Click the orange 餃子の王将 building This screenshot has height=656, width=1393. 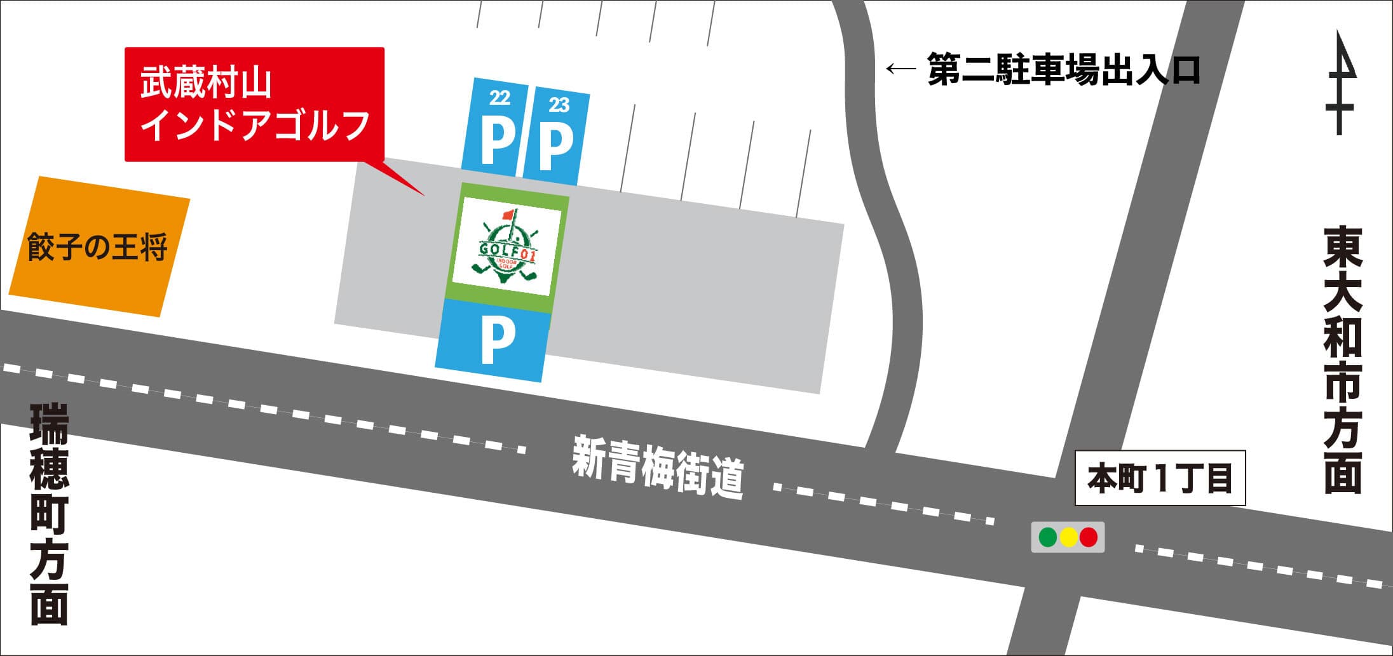point(99,246)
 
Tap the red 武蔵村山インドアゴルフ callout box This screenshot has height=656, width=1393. point(254,104)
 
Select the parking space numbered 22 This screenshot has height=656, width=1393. point(495,127)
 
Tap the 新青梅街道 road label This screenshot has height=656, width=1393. point(658,467)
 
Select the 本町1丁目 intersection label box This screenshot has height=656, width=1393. point(1160,478)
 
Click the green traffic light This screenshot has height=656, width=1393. point(1047,537)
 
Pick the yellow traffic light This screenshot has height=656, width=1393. point(1068,537)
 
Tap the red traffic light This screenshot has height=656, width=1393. point(1089,537)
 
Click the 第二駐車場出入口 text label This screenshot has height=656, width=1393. point(1063,69)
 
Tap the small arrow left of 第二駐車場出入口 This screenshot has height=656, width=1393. point(900,69)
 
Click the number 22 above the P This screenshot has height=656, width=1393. point(500,97)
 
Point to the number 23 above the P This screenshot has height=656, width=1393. point(559,104)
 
